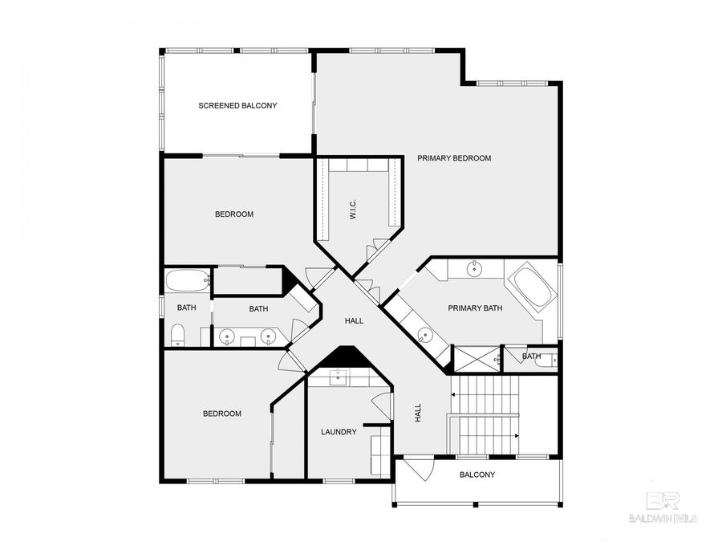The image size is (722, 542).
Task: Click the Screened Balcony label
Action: pyautogui.click(x=237, y=105)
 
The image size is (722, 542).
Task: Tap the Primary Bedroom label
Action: pyautogui.click(x=454, y=158)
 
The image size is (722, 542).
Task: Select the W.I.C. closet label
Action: pyautogui.click(x=353, y=210)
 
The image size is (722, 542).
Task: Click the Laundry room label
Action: pyautogui.click(x=339, y=432)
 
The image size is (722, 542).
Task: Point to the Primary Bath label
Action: pyautogui.click(x=475, y=308)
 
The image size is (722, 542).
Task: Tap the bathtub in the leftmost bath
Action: pyautogui.click(x=188, y=281)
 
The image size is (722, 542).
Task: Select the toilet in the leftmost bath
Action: pyautogui.click(x=177, y=335)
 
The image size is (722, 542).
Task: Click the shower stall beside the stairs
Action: pyautogui.click(x=477, y=359)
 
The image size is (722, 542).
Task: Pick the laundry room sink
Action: pyautogui.click(x=339, y=376)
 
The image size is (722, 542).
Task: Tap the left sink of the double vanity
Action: pyautogui.click(x=227, y=336)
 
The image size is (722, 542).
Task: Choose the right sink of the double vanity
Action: pyautogui.click(x=269, y=336)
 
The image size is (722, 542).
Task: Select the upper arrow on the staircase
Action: pyautogui.click(x=485, y=394)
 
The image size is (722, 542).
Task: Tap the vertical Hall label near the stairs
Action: pyautogui.click(x=418, y=413)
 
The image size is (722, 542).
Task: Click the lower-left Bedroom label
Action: pyautogui.click(x=222, y=414)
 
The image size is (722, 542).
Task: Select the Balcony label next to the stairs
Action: pyautogui.click(x=477, y=475)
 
